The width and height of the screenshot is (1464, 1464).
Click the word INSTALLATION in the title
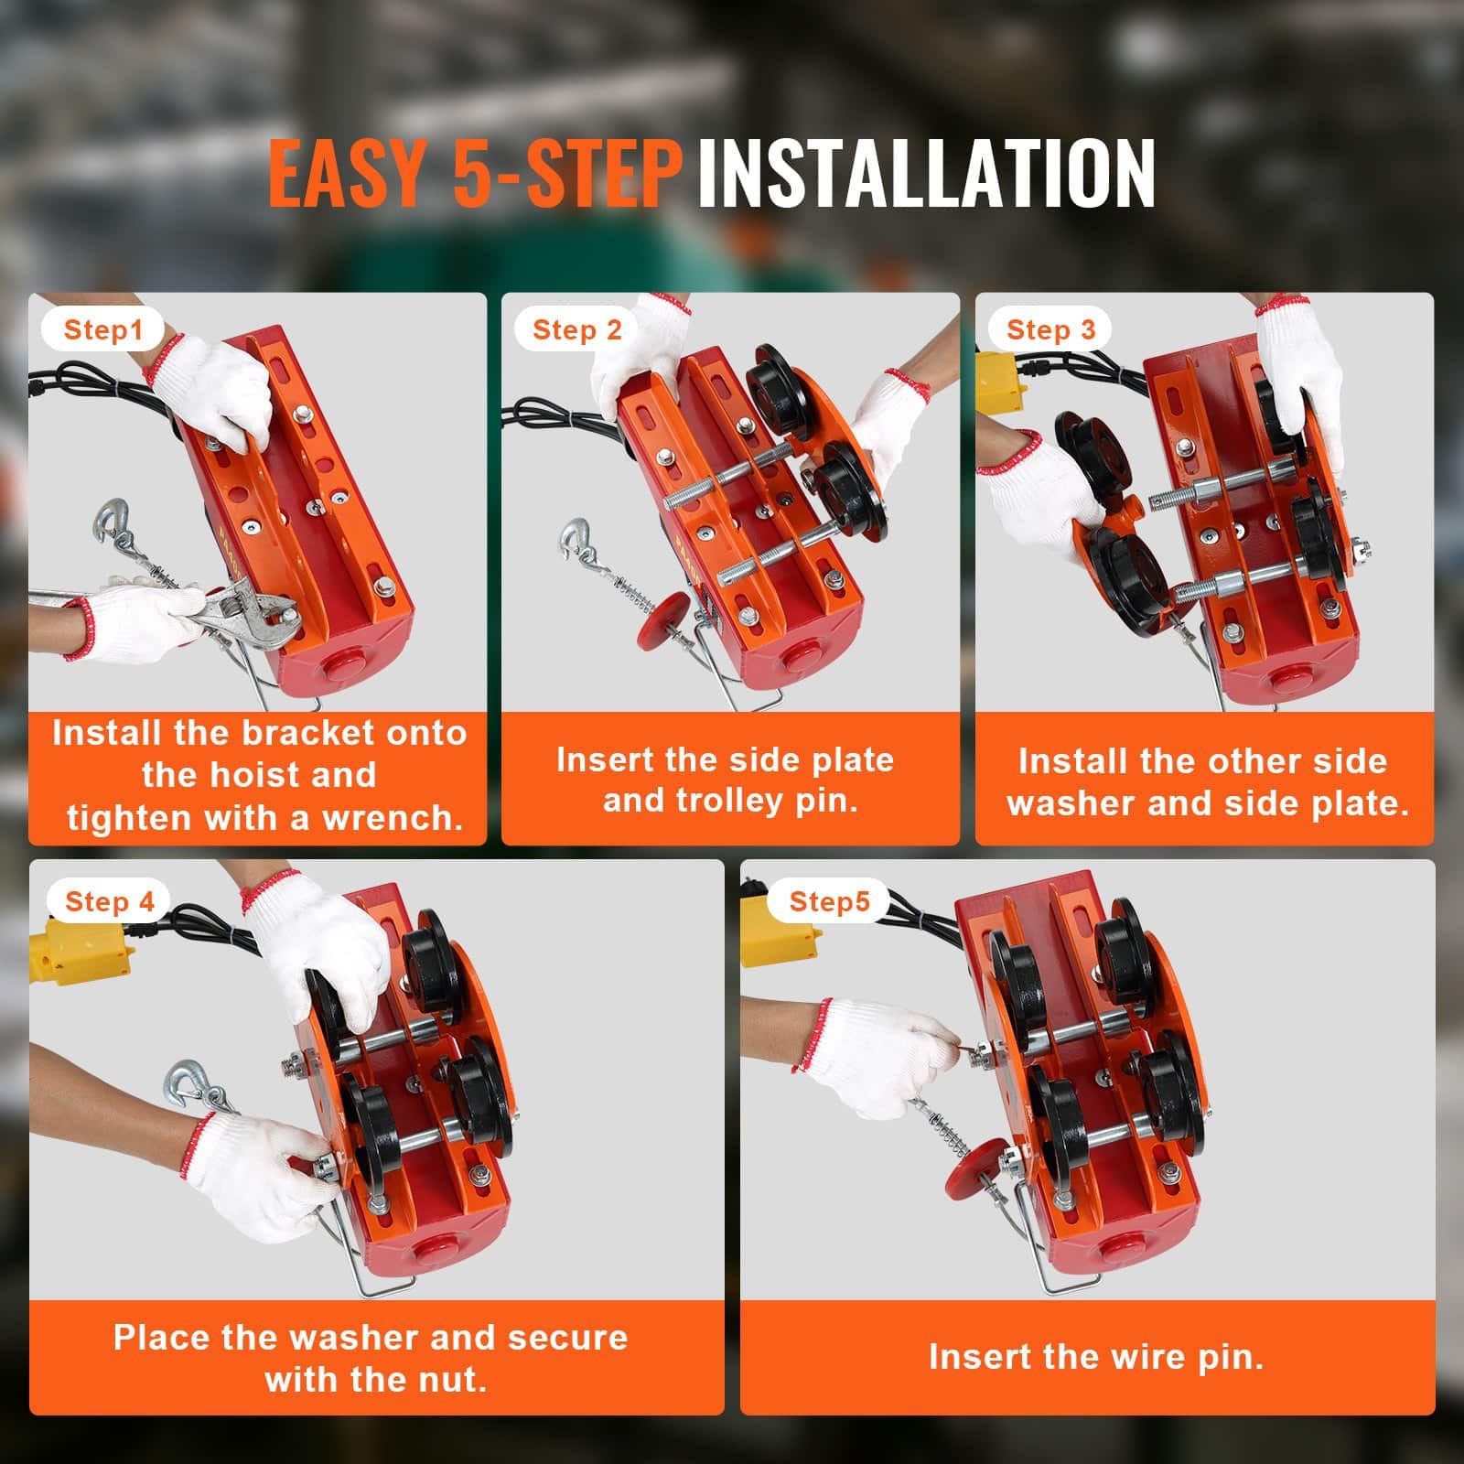click(x=926, y=173)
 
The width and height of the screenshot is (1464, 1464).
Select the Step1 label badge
click(x=103, y=329)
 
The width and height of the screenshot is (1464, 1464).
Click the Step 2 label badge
click(x=576, y=329)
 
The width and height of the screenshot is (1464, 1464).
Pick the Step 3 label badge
click(x=1050, y=329)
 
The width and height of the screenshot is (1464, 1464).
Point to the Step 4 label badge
click(x=110, y=902)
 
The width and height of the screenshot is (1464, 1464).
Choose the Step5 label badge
click(x=829, y=902)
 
